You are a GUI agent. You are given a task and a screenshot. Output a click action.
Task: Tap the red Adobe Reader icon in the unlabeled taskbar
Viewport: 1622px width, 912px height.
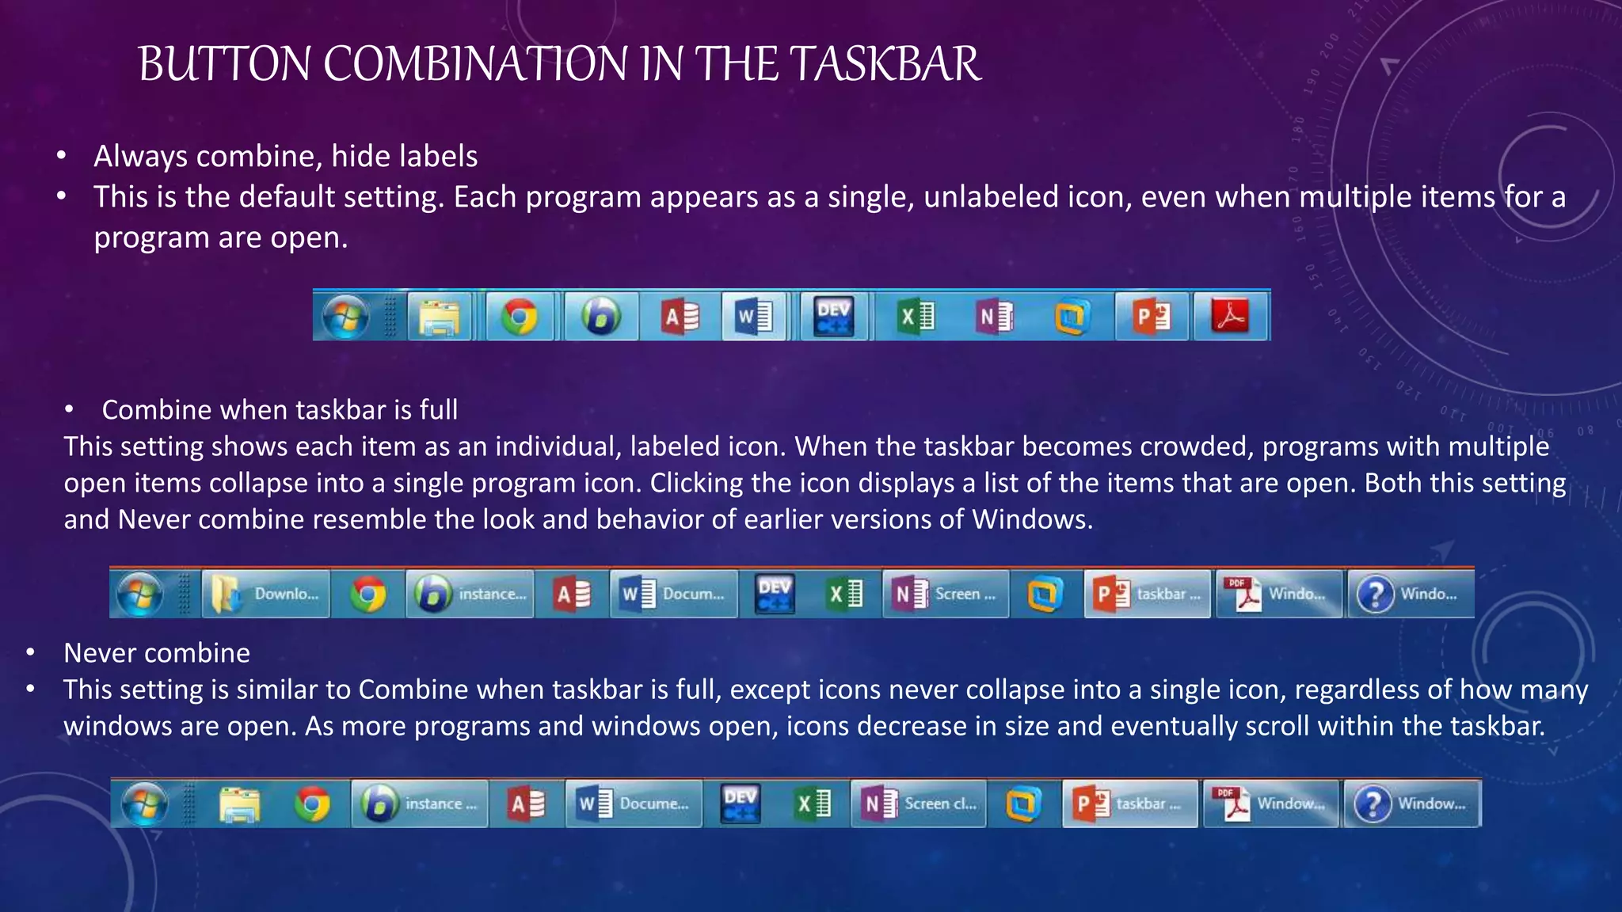[1230, 317]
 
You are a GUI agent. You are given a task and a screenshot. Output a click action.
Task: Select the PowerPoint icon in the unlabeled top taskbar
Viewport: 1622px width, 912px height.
[1152, 317]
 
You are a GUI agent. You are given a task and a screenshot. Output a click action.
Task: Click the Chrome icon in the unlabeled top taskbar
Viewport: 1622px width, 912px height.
[519, 317]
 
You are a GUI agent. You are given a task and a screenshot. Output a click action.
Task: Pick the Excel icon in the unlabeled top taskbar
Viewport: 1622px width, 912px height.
[916, 317]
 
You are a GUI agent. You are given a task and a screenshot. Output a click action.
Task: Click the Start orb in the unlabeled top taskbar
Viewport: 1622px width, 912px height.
[345, 317]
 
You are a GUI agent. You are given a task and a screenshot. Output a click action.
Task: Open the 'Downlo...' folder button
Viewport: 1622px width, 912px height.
[265, 594]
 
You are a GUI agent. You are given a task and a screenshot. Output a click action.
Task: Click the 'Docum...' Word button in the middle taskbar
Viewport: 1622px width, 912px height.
[673, 594]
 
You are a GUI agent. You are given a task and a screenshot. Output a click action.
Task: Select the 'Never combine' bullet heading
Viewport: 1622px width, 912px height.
[157, 653]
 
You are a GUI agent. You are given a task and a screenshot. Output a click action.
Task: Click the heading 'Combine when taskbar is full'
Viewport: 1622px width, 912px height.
[280, 410]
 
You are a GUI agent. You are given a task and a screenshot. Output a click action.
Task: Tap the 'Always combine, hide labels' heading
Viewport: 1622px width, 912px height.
[285, 157]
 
